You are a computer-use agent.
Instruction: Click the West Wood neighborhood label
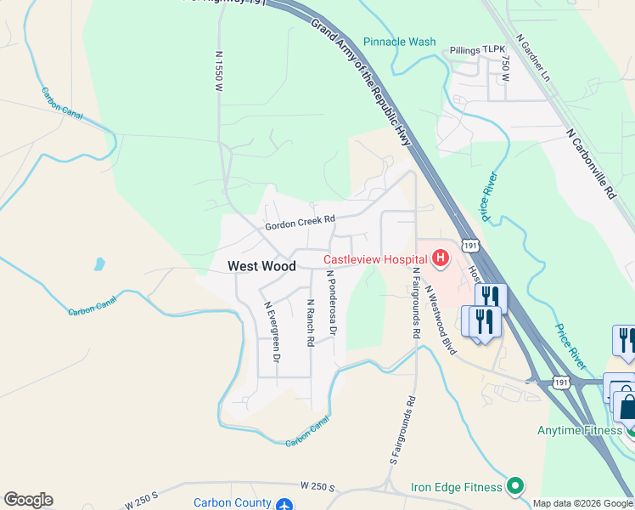point(261,266)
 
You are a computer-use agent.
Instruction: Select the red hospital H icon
point(441,257)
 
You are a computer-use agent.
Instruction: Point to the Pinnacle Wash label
point(399,42)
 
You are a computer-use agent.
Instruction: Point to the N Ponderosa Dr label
point(331,303)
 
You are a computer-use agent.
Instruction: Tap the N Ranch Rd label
point(311,322)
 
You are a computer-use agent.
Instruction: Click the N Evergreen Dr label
point(271,332)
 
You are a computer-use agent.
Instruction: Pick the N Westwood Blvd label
point(441,320)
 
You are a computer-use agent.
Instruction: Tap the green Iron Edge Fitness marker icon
point(514,486)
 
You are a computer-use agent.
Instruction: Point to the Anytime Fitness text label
point(579,430)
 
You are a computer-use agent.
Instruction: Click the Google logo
point(28,500)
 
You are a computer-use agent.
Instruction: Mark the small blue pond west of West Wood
point(99,263)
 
